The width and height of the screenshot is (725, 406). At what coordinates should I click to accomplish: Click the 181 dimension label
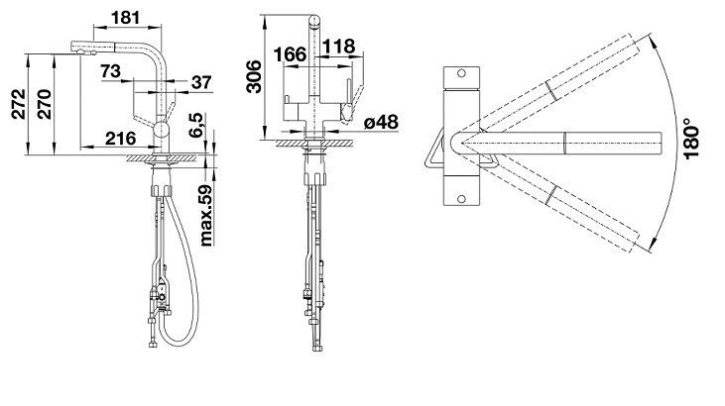(125, 18)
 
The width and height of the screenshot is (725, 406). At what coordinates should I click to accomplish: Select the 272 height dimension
(20, 104)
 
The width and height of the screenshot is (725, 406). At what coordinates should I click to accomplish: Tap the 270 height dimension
(44, 104)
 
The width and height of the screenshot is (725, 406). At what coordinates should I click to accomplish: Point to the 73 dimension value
(110, 71)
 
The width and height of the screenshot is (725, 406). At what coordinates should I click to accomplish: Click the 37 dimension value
(201, 82)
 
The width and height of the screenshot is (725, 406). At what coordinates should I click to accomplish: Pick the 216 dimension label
(120, 138)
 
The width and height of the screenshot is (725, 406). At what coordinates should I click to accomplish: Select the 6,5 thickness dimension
(196, 126)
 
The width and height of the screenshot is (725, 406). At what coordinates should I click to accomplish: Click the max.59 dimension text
(206, 215)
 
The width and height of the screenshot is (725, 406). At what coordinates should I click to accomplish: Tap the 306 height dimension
(253, 76)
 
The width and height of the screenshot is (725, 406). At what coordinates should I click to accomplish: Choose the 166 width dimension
(290, 54)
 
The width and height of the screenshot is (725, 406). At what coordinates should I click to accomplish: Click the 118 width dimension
(339, 47)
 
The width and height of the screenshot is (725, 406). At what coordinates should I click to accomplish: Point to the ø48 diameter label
(381, 122)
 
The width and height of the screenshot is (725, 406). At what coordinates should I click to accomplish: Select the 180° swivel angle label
(691, 138)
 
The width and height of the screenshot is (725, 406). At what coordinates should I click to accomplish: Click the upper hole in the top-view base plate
(461, 73)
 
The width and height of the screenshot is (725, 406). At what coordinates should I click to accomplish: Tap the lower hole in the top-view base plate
(461, 199)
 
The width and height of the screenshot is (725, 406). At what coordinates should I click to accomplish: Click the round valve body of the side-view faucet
(162, 129)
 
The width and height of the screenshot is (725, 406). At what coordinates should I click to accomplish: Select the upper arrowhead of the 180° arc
(654, 41)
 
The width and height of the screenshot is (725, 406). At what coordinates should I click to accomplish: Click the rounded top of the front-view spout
(314, 21)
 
